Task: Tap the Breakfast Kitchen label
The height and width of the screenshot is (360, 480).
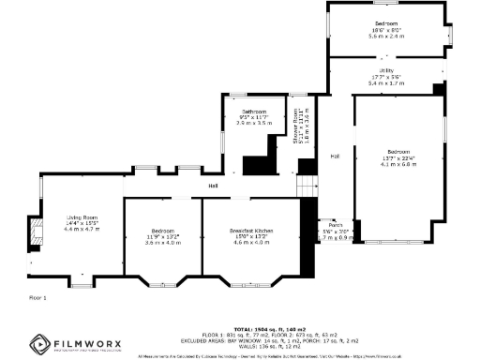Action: click(250, 231)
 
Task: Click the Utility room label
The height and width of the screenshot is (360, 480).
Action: click(386, 70)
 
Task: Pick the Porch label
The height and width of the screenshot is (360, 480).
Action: click(335, 225)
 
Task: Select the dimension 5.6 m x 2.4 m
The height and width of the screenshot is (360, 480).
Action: click(386, 35)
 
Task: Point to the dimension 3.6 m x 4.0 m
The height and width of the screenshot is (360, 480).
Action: click(164, 242)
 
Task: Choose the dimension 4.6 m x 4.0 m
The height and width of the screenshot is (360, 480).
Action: click(250, 242)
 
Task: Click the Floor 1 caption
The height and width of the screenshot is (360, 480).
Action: click(37, 297)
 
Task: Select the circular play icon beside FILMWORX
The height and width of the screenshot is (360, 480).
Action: click(40, 343)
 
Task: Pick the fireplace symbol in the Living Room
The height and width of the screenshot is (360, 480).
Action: click(35, 232)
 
